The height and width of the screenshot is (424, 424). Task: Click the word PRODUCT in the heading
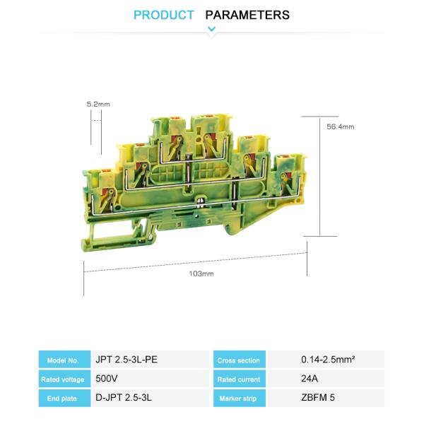tap(163, 15)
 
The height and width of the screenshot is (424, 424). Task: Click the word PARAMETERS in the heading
tap(247, 15)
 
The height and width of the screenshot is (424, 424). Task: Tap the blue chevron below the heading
tap(211, 30)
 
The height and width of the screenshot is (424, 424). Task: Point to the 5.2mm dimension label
tap(98, 104)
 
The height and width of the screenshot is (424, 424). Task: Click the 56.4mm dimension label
tap(340, 127)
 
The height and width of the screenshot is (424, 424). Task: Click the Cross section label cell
tap(239, 360)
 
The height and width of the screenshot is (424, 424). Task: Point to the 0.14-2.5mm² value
tap(327, 359)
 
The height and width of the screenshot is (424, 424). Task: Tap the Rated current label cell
tap(239, 379)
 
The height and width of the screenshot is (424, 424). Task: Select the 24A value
tap(309, 379)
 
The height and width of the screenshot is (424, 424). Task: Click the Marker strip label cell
tap(239, 399)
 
